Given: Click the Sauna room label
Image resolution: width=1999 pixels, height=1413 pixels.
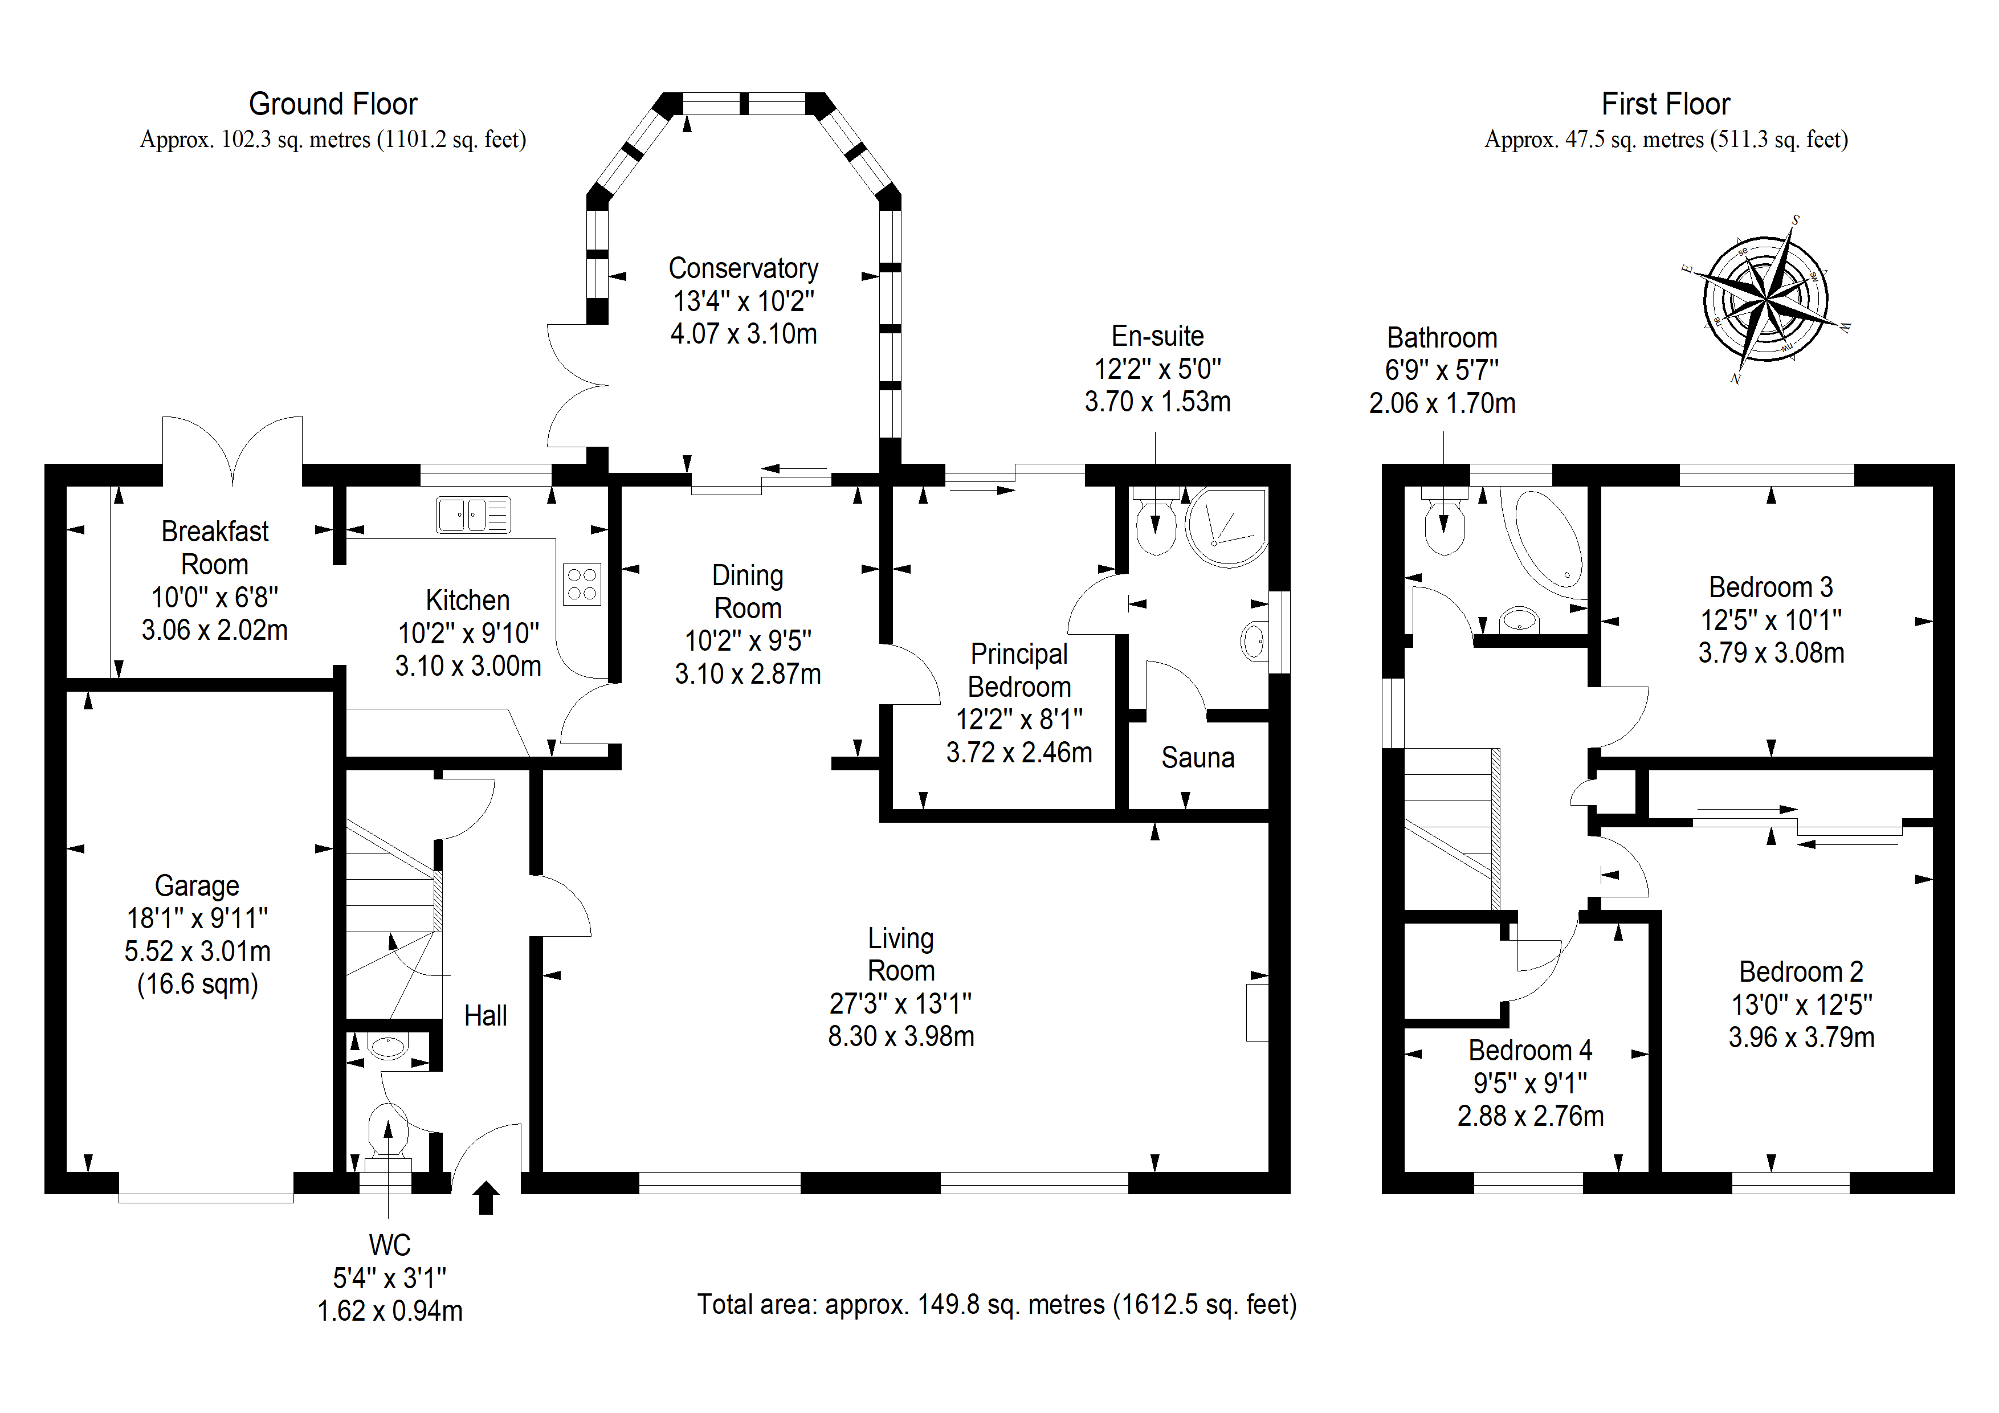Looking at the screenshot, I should click(x=1197, y=757).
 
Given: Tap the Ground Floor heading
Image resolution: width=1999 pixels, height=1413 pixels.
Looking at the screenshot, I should click(x=333, y=104).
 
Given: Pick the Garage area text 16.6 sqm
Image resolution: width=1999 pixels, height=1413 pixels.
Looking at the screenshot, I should click(x=198, y=984).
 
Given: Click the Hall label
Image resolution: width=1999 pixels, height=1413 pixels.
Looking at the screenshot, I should click(x=485, y=1015).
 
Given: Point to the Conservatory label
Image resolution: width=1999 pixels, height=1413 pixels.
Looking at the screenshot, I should click(x=743, y=268).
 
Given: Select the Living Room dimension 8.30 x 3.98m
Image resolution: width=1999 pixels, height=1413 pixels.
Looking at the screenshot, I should click(x=900, y=1036).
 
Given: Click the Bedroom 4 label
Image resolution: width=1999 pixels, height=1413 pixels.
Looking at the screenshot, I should click(x=1529, y=1050).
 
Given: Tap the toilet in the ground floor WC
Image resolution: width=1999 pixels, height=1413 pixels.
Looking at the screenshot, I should click(x=387, y=1132).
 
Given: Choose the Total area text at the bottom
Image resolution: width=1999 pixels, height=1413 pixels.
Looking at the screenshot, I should click(x=996, y=1304).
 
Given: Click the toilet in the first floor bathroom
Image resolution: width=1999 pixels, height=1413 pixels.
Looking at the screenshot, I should click(x=1443, y=526).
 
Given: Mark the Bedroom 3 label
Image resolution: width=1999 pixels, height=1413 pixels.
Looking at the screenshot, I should click(x=1770, y=587).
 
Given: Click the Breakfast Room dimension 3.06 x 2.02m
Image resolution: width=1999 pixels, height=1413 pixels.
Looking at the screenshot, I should click(x=214, y=630).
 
